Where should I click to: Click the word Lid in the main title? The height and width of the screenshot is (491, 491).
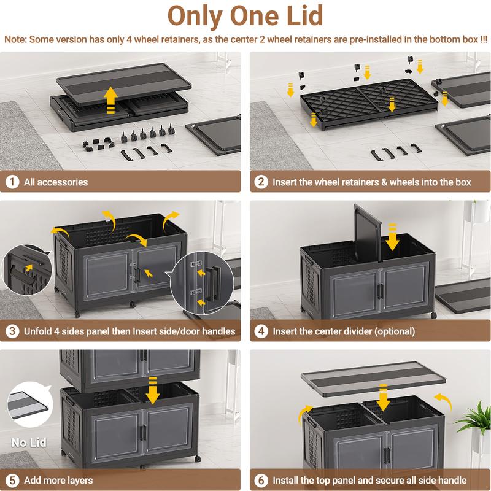tap(304, 16)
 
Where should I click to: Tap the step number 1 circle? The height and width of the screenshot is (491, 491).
tap(12, 182)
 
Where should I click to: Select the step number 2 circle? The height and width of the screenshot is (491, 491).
tap(261, 182)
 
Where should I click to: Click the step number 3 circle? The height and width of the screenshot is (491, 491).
tap(12, 331)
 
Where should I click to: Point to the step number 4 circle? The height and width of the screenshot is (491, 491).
tap(261, 331)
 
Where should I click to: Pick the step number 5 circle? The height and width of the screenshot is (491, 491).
tap(12, 480)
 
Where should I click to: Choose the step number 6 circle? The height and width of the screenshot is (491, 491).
tap(261, 480)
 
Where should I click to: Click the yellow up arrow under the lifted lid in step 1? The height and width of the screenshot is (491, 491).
tap(110, 100)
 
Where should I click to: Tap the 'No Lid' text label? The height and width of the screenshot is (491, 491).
tap(29, 442)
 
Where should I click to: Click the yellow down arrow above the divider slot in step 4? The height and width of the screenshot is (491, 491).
tap(392, 237)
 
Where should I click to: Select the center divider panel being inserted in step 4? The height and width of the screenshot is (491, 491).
tap(368, 233)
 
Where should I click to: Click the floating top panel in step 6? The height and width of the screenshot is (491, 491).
tap(373, 379)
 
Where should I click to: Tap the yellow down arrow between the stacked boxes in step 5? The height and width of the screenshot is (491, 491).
tap(152, 390)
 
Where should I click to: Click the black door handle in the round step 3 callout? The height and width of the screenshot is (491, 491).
tap(213, 283)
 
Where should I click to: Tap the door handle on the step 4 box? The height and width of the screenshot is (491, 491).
tap(380, 291)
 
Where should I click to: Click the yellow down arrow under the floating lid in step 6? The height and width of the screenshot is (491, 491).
tap(383, 398)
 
